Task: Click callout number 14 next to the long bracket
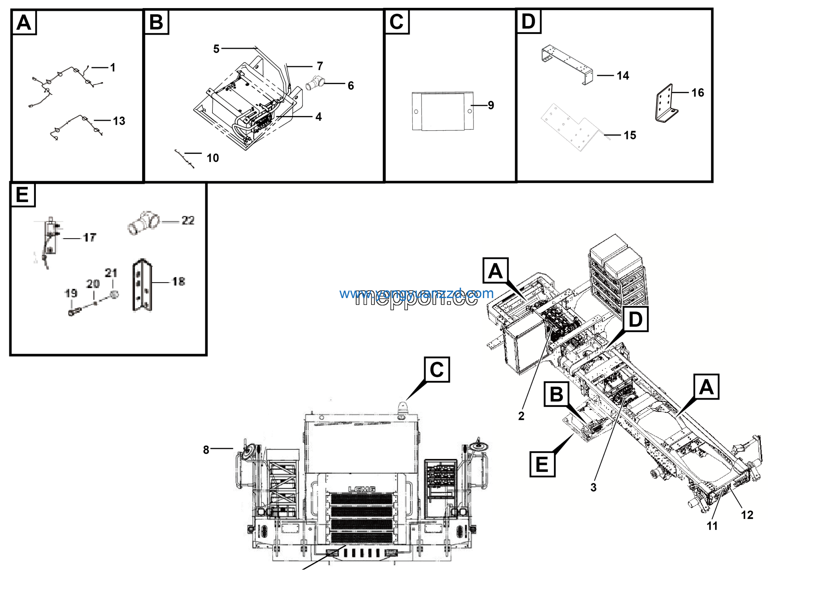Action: pos(622,76)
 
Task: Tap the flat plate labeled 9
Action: pos(442,111)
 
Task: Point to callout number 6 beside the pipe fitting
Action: pos(350,86)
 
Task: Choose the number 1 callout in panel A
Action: pos(113,67)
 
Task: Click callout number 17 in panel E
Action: pos(89,238)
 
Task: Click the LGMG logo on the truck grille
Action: pos(362,490)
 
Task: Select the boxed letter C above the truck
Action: pos(437,370)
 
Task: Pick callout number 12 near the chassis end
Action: pos(747,515)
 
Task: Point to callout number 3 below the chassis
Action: pos(594,487)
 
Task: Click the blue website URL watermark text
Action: pos(416,294)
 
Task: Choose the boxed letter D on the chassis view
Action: pos(635,319)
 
